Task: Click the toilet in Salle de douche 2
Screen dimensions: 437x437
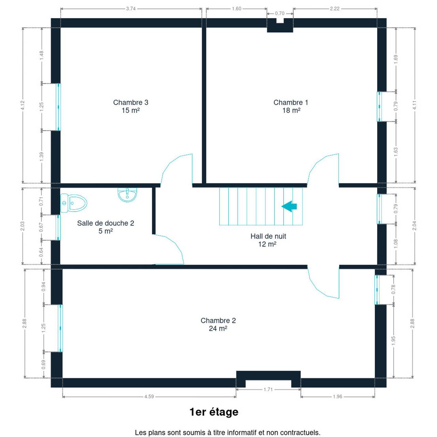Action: [74, 203]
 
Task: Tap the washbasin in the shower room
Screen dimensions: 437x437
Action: [127, 195]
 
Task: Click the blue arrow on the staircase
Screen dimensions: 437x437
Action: [289, 206]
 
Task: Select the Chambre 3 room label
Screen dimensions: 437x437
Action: [131, 106]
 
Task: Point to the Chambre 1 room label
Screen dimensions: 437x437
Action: [291, 106]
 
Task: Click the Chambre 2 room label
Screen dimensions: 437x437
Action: [218, 324]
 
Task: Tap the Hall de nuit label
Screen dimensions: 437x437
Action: [268, 240]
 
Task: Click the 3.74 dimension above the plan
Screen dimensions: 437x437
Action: [131, 9]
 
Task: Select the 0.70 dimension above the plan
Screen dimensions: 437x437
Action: [280, 13]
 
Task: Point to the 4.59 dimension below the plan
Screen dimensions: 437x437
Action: [149, 397]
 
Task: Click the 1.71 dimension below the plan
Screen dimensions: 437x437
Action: [268, 390]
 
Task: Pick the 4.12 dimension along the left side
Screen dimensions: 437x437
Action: [23, 105]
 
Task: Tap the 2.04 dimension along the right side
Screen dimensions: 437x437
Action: [414, 226]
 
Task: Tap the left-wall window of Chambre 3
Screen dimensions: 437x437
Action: [58, 107]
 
